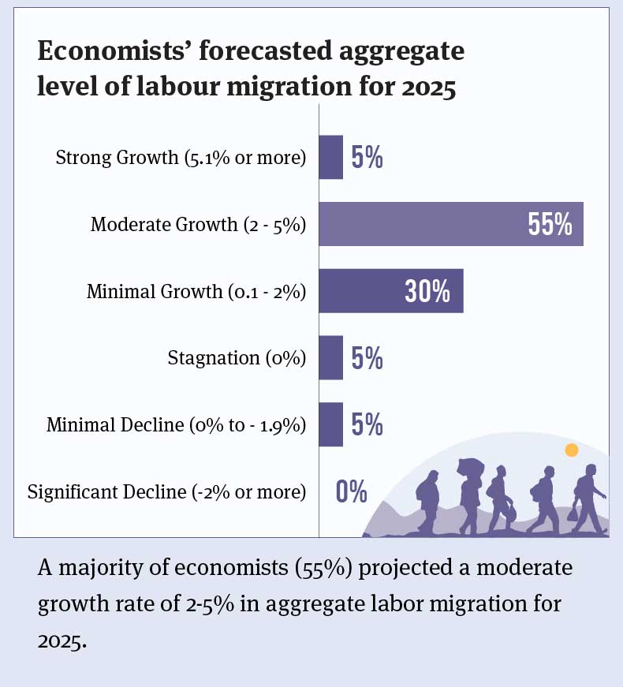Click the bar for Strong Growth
coord(331,157)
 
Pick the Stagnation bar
coord(331,358)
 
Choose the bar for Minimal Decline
coord(331,424)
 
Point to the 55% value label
coord(550,225)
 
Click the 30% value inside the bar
coord(427,292)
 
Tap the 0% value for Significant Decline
coord(352,492)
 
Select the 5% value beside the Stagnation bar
coord(367,359)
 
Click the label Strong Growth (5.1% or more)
coord(181,158)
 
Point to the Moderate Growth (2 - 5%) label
coord(198,225)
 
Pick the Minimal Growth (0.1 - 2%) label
coord(196,292)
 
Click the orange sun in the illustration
coord(572,450)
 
